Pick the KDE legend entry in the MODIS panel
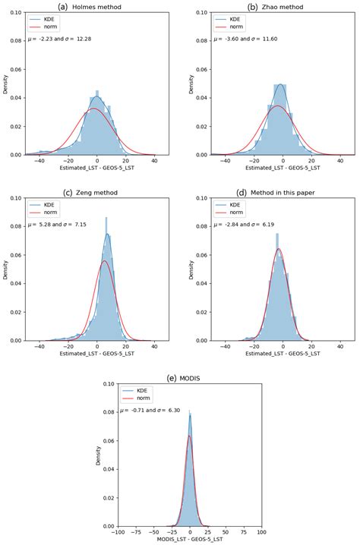click(x=137, y=388)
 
